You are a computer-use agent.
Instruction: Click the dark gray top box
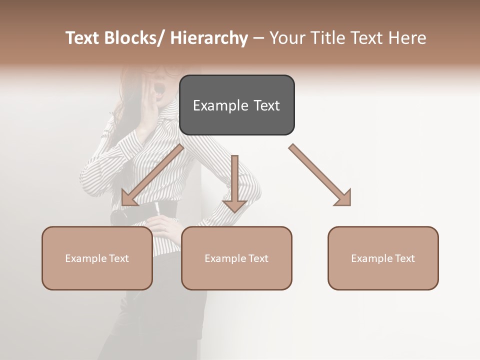pyautogui.click(x=236, y=105)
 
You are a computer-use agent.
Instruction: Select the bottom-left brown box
pyautogui.click(x=97, y=258)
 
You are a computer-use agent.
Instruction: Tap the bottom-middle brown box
pyautogui.click(x=236, y=258)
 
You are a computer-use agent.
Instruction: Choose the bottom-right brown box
pyautogui.click(x=383, y=258)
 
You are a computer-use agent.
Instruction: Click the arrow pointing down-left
pyautogui.click(x=152, y=175)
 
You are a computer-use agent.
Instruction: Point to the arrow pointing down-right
pyautogui.click(x=320, y=175)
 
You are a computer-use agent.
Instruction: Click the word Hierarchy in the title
pyautogui.click(x=209, y=38)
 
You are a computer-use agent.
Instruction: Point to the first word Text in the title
pyautogui.click(x=83, y=38)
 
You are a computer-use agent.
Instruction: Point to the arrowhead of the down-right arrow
pyautogui.click(x=344, y=198)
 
